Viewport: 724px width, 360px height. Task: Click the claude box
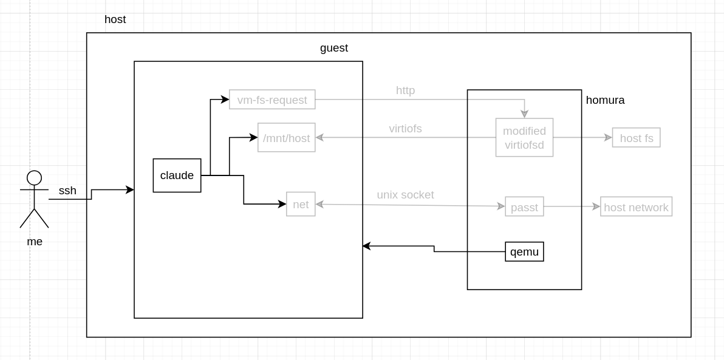tap(177, 175)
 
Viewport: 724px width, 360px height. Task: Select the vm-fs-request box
tap(272, 100)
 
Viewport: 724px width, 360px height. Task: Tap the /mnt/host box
tap(286, 138)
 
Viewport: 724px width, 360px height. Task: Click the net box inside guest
tap(301, 204)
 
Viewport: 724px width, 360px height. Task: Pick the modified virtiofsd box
tap(524, 138)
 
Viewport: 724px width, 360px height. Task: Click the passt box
tap(524, 206)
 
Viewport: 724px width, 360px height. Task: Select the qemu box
tap(524, 251)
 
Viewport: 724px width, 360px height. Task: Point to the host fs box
tap(636, 138)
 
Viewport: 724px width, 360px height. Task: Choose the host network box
tap(636, 206)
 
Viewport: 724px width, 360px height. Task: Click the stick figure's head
tap(35, 178)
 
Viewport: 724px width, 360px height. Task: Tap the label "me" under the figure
tap(35, 242)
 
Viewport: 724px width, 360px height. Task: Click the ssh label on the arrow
tap(67, 191)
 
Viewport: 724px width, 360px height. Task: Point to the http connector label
tap(405, 90)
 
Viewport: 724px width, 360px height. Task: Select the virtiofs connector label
tap(405, 129)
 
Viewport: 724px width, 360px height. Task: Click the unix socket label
tap(405, 195)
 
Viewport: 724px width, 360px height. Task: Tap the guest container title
tap(334, 48)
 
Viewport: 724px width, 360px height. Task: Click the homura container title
tap(605, 100)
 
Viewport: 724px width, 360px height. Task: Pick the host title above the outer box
tap(115, 19)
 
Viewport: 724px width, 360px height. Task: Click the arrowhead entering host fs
tap(609, 138)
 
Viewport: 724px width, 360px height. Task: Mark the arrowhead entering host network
tap(596, 206)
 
